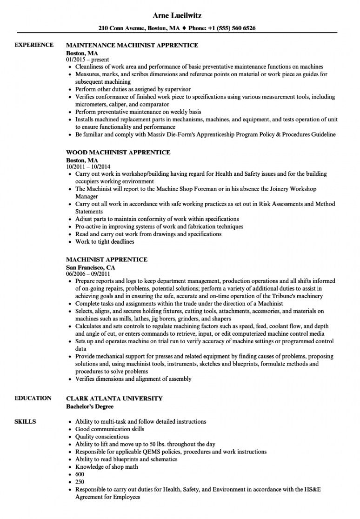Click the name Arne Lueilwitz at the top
pos(180,15)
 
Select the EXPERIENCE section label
pos(33,45)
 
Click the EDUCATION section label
pos(33,398)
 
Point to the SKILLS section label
pos(26,421)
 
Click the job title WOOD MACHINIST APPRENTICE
pos(119,153)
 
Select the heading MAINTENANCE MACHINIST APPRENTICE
pos(133,46)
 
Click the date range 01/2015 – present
pos(88,60)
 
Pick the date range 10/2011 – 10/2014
pos(88,166)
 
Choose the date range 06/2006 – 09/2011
pos(88,274)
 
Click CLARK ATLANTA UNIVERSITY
pos(114,399)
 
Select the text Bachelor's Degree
pos(90,406)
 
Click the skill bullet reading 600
pos(80,474)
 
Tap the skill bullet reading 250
pos(80,481)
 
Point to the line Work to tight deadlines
pos(105,241)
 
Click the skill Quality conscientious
pos(102,437)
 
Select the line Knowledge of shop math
pos(107,466)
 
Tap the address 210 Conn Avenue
pos(121,28)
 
